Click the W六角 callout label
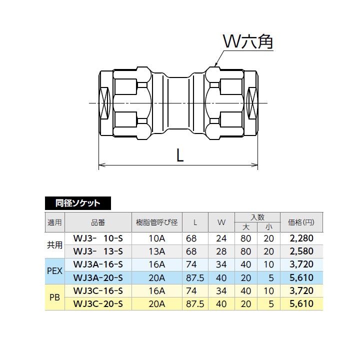(x=247, y=42)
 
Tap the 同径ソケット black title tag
(x=77, y=203)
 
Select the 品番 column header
(x=98, y=222)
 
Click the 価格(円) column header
(x=301, y=222)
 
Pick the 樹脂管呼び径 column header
(x=157, y=222)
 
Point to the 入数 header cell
(x=257, y=217)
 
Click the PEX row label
(x=54, y=270)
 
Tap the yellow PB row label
(x=54, y=297)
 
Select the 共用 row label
(x=54, y=244)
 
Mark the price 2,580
(x=301, y=250)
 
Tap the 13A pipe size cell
(x=157, y=250)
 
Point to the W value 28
(x=221, y=250)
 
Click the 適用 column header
(x=54, y=222)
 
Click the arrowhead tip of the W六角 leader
(x=214, y=66)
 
